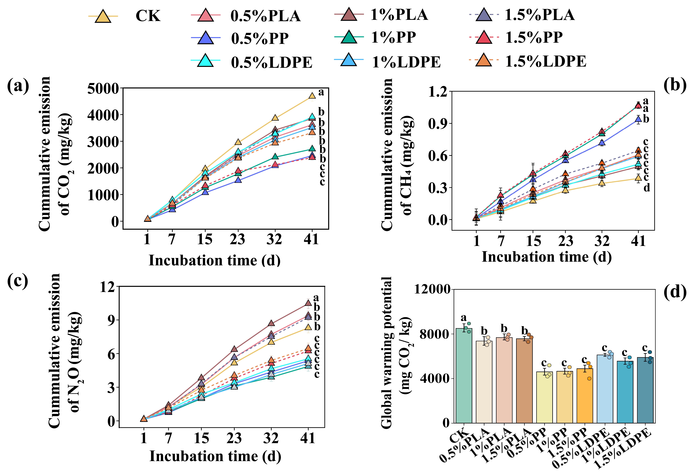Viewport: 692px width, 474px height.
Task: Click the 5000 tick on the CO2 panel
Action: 103,88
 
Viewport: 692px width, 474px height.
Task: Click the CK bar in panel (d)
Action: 464,375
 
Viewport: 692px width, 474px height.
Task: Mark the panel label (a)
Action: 18,86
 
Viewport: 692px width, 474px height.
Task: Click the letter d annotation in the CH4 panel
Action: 647,188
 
